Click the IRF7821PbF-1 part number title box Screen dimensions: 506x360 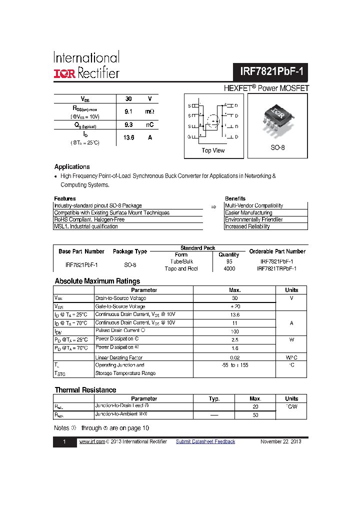[x=271, y=72]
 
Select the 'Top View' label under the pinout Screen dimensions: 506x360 [x=213, y=150]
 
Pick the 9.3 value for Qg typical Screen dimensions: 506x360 [x=128, y=125]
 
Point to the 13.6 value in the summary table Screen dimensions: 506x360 [x=128, y=137]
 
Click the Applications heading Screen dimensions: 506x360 [x=72, y=167]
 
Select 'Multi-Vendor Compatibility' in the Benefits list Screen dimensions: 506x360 [x=254, y=205]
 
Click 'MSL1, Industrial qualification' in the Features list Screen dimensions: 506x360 [x=86, y=226]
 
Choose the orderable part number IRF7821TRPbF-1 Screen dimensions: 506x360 [x=276, y=268]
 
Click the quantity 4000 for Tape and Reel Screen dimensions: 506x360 [x=229, y=268]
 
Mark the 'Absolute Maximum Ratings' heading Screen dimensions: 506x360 [x=97, y=281]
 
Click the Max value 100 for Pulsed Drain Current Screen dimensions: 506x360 [x=234, y=331]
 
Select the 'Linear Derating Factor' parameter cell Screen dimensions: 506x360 [x=118, y=357]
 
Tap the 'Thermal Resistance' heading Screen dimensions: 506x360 [x=85, y=390]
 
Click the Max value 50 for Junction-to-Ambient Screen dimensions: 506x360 [x=255, y=415]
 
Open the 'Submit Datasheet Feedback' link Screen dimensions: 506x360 [x=205, y=441]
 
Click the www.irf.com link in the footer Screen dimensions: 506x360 [x=91, y=441]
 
